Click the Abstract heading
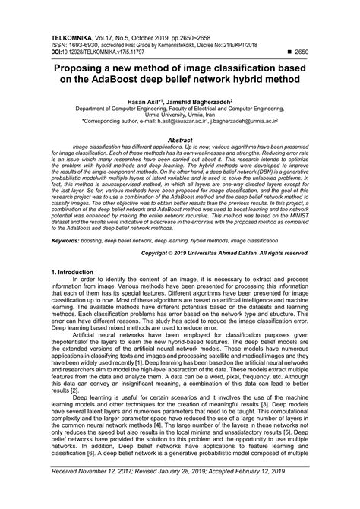[179, 141]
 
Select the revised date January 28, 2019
[185, 493]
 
